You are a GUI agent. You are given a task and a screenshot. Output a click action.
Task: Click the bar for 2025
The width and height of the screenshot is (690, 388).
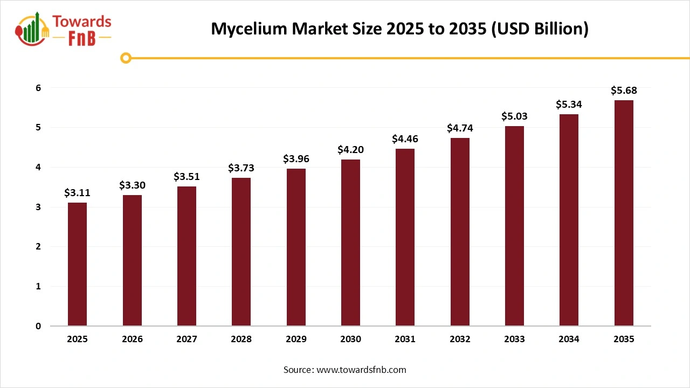(77, 264)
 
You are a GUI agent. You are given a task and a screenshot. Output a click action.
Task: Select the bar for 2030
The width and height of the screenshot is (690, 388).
(350, 242)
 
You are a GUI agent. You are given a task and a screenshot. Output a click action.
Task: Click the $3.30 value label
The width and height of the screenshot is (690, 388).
(132, 185)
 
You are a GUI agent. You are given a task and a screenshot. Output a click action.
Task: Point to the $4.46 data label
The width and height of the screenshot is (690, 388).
(405, 139)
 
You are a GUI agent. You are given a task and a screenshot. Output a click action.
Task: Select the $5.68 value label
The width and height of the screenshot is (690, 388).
(624, 91)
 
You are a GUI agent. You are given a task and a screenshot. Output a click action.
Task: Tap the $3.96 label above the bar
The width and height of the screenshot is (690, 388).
(296, 159)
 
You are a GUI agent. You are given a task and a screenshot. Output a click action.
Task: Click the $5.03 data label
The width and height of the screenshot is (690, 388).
(514, 116)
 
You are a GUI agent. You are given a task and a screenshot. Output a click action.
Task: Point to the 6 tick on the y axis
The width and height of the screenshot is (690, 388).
(38, 88)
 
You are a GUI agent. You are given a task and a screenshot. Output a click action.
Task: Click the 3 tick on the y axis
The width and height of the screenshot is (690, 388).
(38, 207)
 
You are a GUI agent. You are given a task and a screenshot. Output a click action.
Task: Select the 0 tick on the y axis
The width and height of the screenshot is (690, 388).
(38, 326)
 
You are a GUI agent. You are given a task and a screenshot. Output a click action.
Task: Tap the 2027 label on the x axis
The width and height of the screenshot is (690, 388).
(187, 339)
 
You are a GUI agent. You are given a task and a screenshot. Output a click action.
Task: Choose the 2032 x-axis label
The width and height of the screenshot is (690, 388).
(460, 339)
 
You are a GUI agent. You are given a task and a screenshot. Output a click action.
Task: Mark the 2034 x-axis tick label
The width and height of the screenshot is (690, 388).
(569, 339)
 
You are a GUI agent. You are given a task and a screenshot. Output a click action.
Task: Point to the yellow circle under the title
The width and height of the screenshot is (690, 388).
(126, 58)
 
